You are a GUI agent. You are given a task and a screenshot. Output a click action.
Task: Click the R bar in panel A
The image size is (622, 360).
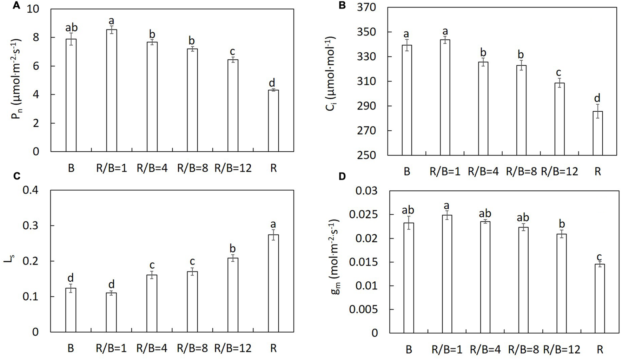click(273, 121)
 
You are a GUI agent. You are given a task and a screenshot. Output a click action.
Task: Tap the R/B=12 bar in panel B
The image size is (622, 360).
click(560, 119)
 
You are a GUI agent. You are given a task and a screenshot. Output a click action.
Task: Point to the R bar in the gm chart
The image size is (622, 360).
click(600, 299)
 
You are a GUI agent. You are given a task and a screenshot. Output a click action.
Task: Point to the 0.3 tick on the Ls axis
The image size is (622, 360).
click(31, 225)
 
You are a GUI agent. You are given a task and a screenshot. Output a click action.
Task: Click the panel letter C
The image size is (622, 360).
click(16, 176)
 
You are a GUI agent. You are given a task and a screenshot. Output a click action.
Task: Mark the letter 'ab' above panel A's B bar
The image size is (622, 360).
click(71, 27)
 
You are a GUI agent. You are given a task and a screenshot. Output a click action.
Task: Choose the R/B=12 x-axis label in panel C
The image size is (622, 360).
click(233, 348)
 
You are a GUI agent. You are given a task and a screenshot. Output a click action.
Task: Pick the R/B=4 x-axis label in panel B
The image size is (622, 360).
click(483, 171)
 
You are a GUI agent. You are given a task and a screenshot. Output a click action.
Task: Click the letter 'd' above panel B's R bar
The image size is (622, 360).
click(597, 98)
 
